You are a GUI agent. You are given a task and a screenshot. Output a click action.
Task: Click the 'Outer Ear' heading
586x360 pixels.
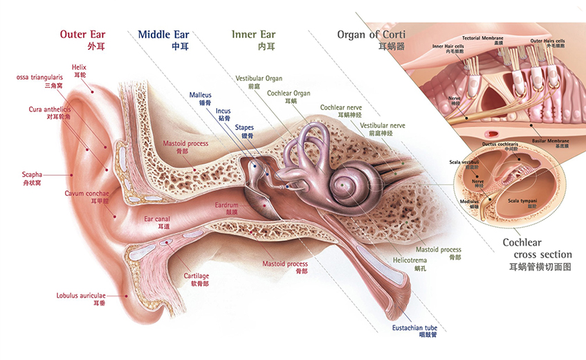82,34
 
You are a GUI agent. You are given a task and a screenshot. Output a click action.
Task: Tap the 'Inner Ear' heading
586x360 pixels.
254,34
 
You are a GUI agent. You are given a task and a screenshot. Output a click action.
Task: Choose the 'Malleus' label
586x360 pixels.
200,95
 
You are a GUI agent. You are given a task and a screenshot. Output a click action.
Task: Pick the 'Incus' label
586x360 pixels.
223,111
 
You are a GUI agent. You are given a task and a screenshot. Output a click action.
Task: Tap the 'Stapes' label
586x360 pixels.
244,127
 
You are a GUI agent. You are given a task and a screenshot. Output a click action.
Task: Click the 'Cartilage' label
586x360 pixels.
196,276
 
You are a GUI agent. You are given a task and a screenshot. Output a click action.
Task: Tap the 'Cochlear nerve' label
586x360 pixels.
342,108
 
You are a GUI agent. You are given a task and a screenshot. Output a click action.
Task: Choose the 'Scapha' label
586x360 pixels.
33,174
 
